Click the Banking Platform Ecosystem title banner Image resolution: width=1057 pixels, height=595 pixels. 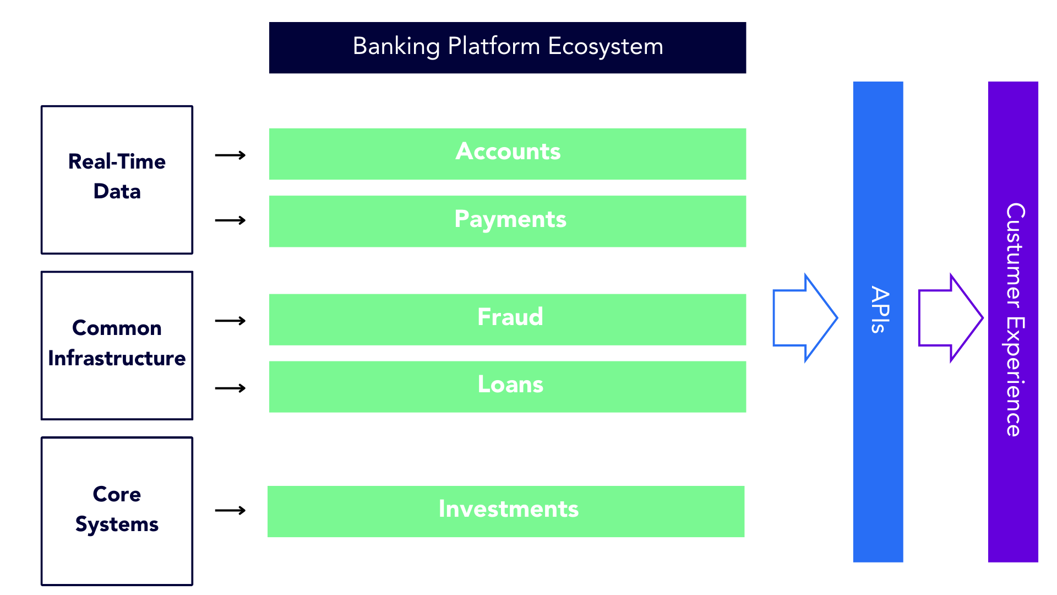click(x=506, y=48)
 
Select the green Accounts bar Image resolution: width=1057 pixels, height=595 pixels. click(x=506, y=154)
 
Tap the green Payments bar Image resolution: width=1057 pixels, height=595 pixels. click(x=506, y=221)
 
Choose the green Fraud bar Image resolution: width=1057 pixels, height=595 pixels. click(x=506, y=319)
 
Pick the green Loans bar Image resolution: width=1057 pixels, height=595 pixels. click(x=506, y=386)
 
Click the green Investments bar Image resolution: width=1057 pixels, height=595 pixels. click(x=505, y=511)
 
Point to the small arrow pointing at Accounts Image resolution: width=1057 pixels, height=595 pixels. click(x=230, y=155)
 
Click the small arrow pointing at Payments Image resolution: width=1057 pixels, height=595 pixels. click(x=230, y=220)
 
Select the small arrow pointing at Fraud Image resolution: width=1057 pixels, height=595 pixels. click(x=230, y=321)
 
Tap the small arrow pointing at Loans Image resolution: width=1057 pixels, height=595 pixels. click(x=230, y=388)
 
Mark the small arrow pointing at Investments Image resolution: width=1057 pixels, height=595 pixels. click(x=230, y=511)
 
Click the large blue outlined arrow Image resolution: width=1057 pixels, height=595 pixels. click(x=804, y=318)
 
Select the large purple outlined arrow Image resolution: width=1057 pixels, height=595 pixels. click(x=950, y=318)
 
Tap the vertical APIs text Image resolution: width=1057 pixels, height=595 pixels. click(x=879, y=310)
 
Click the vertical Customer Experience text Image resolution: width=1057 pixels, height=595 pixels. click(x=1014, y=320)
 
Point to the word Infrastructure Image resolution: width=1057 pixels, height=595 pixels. click(x=117, y=359)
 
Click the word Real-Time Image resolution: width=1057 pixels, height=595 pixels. click(x=117, y=161)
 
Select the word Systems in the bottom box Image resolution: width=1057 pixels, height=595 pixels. click(x=117, y=524)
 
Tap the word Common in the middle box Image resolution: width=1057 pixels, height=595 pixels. click(x=117, y=328)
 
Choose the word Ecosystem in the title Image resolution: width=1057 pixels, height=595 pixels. click(x=605, y=46)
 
